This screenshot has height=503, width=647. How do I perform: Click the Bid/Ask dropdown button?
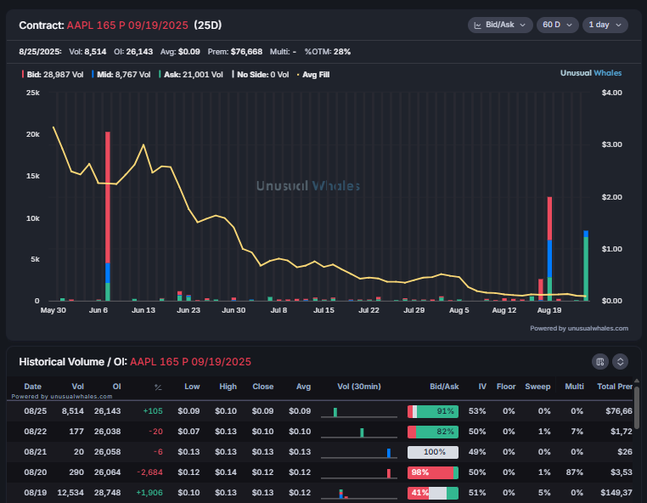coord(500,25)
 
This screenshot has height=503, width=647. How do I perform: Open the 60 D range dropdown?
coord(558,25)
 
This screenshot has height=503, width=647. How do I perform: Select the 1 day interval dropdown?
coord(605,25)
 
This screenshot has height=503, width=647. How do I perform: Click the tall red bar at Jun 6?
coord(108,195)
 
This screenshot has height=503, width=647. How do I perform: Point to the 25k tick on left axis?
coord(33,92)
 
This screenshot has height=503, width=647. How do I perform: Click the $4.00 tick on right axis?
coord(612,92)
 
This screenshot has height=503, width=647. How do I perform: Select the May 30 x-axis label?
coord(53,311)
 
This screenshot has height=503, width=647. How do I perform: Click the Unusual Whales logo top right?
coord(590,73)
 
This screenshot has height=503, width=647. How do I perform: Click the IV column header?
coord(482,387)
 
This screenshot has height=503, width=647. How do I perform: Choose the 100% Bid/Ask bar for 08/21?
coord(433,452)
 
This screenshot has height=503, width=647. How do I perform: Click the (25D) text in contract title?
coord(209,25)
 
